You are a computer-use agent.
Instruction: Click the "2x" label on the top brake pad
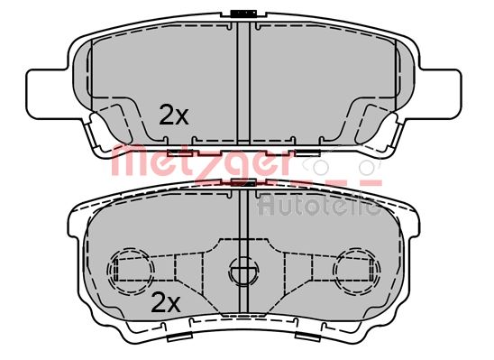(x=174, y=115)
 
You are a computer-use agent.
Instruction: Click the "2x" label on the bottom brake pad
(x=166, y=302)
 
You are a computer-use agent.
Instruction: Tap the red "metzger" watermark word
(x=201, y=164)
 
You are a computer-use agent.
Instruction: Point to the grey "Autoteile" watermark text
(x=319, y=205)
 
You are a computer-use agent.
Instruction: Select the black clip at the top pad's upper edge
(x=243, y=14)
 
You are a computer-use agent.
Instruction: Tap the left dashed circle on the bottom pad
(x=131, y=270)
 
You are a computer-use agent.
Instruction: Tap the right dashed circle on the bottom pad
(x=357, y=270)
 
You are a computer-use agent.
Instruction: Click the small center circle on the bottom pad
(x=244, y=271)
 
